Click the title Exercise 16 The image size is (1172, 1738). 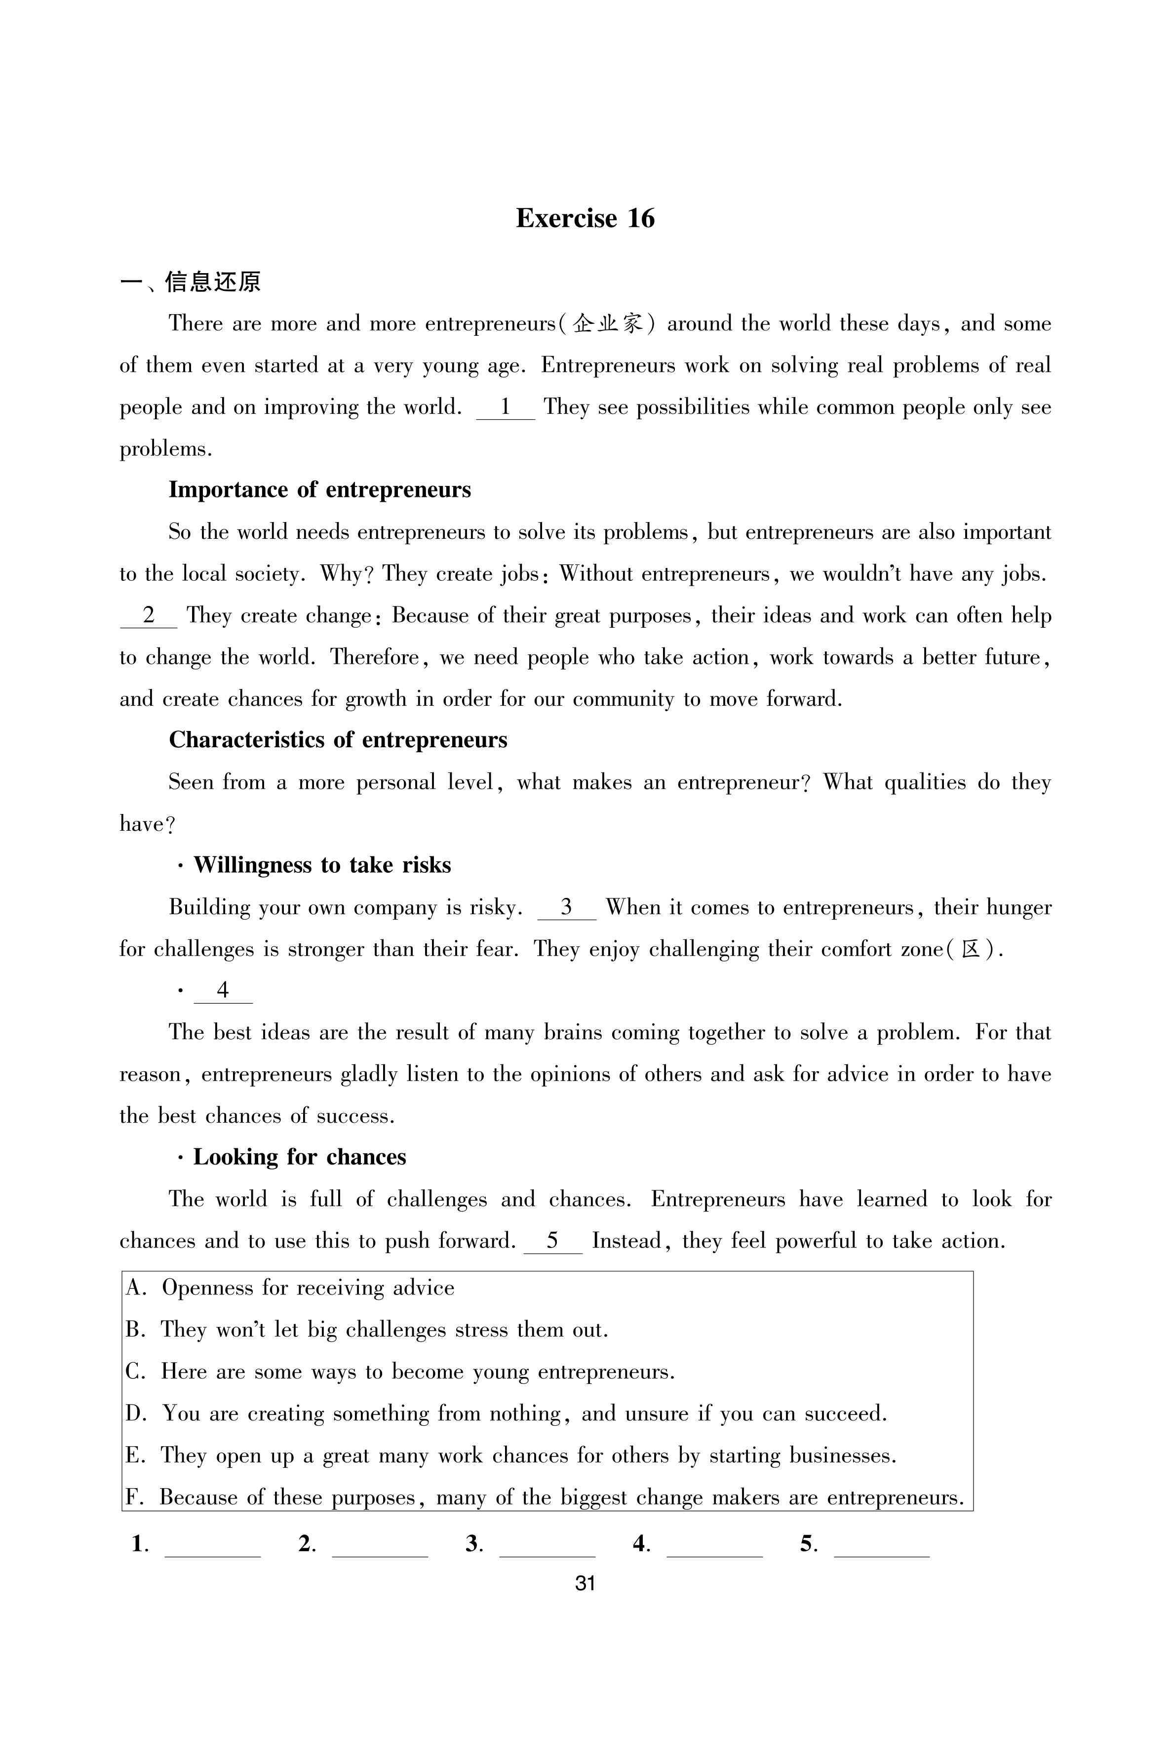coord(585,218)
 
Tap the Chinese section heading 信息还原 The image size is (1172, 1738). coord(212,282)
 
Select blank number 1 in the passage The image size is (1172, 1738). coord(506,407)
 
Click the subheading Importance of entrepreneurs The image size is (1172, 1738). coord(320,489)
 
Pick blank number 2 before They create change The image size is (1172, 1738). coord(149,616)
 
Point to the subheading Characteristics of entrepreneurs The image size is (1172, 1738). coord(338,740)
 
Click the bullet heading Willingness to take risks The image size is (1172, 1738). coord(322,865)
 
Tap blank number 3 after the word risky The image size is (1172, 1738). coord(567,907)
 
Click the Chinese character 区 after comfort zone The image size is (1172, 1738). coord(971,949)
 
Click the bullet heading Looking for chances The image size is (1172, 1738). coord(299,1157)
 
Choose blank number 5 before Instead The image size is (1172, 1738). coord(553,1241)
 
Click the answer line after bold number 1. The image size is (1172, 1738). coord(212,1545)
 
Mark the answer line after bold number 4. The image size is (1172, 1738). coord(714,1545)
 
